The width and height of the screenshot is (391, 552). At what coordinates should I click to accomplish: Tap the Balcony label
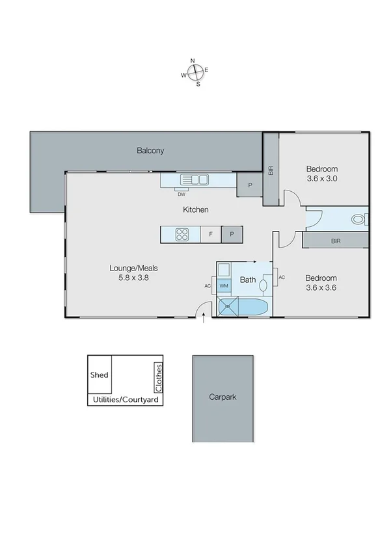pos(150,151)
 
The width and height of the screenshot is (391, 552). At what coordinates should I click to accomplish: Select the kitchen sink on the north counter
pos(195,179)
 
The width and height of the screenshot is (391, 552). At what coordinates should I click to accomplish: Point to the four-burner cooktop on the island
pos(182,234)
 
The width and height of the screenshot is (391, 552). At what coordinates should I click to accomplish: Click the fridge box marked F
pos(211,235)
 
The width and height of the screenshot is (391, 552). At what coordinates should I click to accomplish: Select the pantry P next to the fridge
pos(232,235)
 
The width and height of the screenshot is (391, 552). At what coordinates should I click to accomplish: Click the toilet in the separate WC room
pos(358,220)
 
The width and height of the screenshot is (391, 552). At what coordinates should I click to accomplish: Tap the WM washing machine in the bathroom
pos(223,286)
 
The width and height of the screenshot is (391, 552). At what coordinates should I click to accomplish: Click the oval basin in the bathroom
pos(264,285)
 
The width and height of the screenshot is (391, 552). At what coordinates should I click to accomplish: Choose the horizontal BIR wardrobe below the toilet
pos(336,241)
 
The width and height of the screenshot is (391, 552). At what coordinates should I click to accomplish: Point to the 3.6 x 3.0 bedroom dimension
pos(322,178)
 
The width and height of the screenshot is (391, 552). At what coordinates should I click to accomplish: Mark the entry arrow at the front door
pos(205,319)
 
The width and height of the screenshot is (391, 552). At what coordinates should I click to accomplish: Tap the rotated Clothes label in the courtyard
pos(158,376)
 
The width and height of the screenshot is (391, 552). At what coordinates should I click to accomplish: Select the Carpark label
pos(222,396)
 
